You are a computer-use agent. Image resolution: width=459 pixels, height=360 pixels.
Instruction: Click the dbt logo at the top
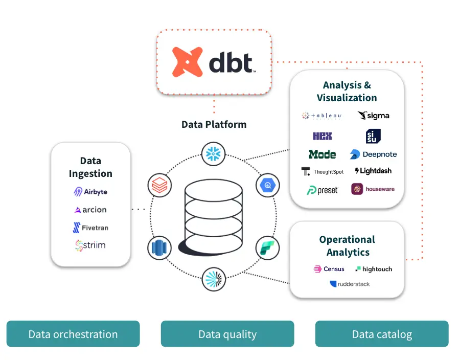(214, 62)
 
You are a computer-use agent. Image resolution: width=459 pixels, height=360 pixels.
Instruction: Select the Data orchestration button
(73, 334)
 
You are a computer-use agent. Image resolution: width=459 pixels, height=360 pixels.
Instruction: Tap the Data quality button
(227, 334)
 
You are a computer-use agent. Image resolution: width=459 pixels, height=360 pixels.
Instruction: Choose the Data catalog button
(382, 334)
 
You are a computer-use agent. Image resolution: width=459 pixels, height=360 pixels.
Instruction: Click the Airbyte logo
(90, 192)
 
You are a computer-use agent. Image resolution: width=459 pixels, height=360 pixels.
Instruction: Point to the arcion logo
(90, 210)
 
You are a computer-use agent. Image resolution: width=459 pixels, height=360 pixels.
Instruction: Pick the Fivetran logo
(90, 228)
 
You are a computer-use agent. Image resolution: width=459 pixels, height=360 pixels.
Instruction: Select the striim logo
(90, 245)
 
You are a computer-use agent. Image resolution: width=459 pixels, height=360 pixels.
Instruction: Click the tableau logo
(322, 116)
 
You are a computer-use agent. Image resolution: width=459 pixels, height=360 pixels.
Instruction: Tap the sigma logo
(374, 116)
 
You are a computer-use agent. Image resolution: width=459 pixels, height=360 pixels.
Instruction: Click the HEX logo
(322, 136)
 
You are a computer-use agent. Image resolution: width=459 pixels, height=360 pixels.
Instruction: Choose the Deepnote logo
(374, 154)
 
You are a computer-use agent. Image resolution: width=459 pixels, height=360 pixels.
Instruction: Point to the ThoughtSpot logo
(322, 171)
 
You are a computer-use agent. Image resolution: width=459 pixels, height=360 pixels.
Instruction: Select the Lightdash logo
(374, 171)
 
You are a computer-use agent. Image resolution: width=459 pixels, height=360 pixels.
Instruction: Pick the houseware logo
(374, 189)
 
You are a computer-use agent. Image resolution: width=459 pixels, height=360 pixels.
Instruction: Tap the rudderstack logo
(350, 284)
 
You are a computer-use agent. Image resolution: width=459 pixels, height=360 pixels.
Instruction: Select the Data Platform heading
(214, 124)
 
